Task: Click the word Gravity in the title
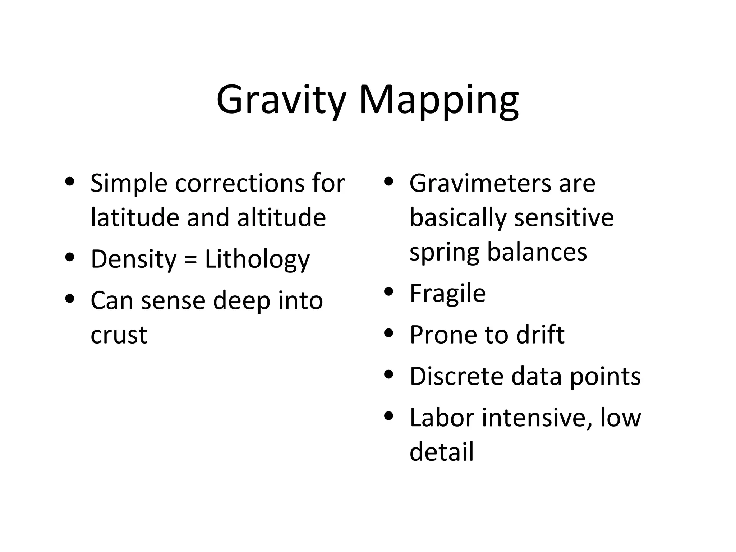click(281, 100)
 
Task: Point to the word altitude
click(281, 217)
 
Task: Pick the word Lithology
click(257, 259)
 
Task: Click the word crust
click(119, 335)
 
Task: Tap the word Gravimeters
click(479, 183)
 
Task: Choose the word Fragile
click(447, 294)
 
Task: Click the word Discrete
click(456, 376)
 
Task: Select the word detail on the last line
click(442, 452)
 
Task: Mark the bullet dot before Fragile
click(389, 292)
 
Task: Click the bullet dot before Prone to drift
click(389, 333)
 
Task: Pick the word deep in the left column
click(241, 301)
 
